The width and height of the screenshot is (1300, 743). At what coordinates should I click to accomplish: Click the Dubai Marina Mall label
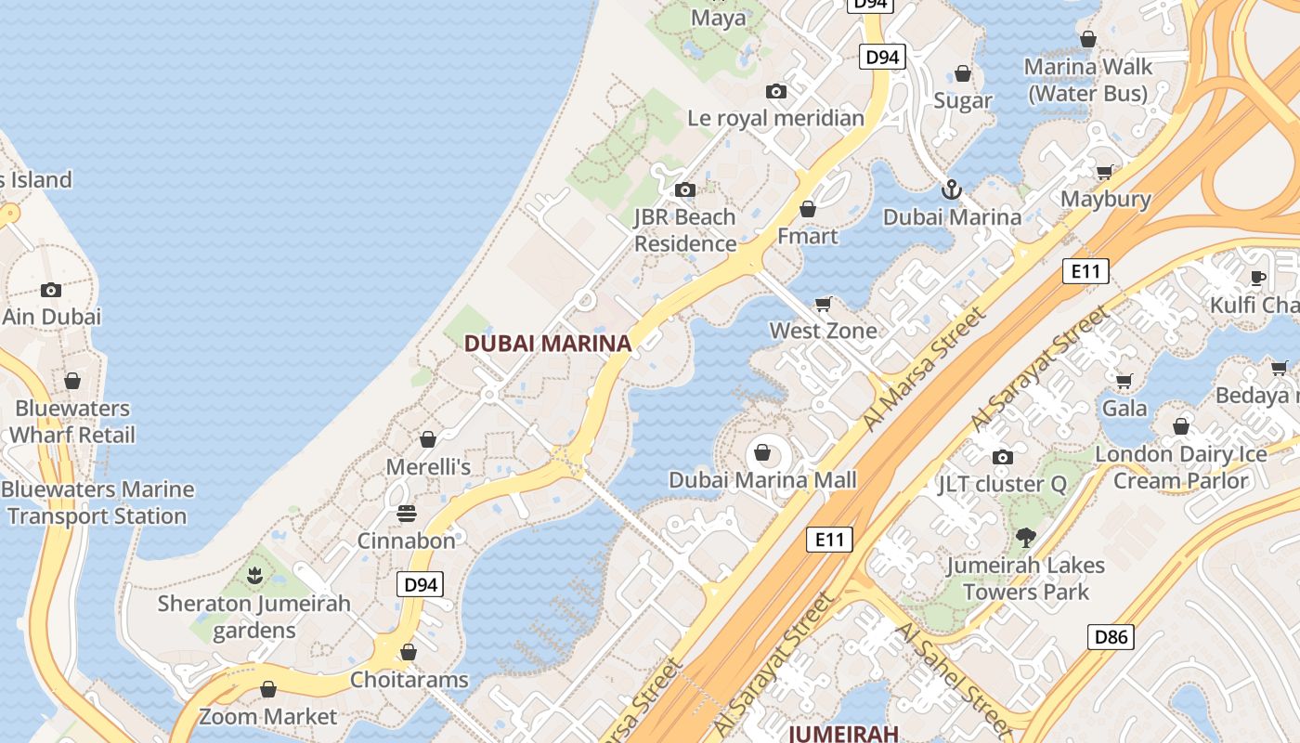pos(762,480)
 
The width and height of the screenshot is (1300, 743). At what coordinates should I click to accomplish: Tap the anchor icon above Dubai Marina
pos(951,190)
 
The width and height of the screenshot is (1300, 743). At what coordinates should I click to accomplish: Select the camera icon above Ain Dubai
pos(51,290)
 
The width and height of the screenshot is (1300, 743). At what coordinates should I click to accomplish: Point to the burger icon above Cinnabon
pos(406,514)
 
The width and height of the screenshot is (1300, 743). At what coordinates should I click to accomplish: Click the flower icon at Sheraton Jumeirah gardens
pos(254,576)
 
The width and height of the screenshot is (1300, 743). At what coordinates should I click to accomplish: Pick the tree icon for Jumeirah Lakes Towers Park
pos(1025,537)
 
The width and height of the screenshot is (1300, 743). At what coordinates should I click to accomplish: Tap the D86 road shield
pos(1110,637)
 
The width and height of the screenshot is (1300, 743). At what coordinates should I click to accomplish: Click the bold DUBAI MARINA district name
pos(547,344)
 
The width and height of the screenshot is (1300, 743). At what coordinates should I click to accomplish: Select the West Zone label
pos(823,331)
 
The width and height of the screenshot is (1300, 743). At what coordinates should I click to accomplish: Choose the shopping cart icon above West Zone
pos(823,304)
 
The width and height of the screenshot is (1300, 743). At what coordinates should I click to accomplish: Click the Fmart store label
pos(807,236)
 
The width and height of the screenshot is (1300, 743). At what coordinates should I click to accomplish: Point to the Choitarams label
pos(409,680)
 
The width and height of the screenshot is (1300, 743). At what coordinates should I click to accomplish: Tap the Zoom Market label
pos(267,717)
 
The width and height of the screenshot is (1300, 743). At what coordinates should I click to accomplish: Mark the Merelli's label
pos(428,467)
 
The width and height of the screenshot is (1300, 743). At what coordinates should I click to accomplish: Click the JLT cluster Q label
pos(1002,484)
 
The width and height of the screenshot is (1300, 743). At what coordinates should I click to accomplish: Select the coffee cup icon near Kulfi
pos(1258,278)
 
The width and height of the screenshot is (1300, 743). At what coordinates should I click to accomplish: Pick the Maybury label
pos(1105,199)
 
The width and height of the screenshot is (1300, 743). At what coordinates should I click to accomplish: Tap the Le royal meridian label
pos(775,118)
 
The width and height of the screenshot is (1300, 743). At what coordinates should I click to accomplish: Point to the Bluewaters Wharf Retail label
pos(72,422)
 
